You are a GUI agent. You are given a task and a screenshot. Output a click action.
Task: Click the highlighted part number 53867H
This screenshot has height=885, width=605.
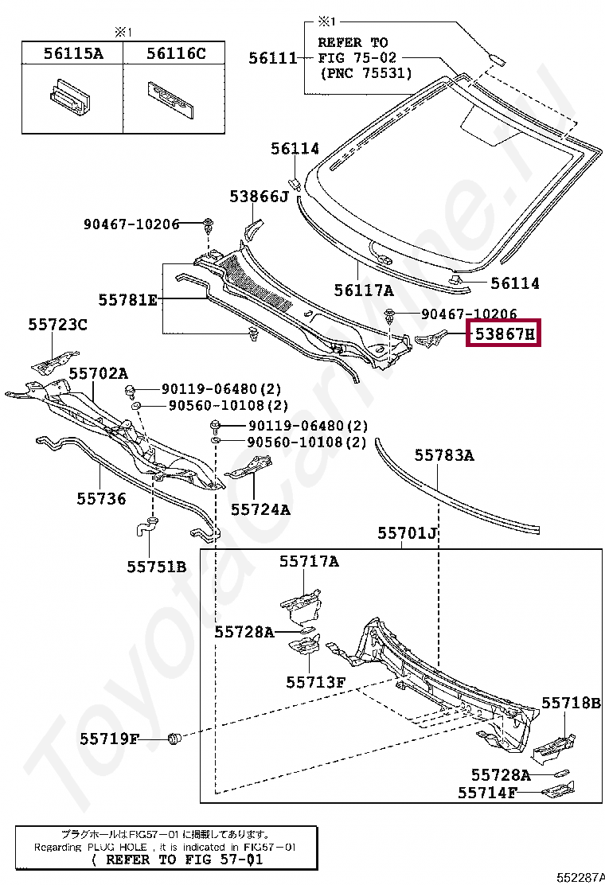[x=505, y=334]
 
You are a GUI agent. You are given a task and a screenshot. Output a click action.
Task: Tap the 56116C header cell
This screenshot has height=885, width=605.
[x=175, y=53]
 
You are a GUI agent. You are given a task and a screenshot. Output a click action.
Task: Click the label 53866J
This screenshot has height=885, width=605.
[x=259, y=196]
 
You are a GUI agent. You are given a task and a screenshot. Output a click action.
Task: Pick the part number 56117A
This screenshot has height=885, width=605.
[x=364, y=290]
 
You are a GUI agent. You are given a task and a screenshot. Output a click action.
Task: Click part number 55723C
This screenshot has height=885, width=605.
[x=58, y=324]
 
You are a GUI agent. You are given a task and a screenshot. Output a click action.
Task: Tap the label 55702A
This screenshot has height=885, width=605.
[x=98, y=372]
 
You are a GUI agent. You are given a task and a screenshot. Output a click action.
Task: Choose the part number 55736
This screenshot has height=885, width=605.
[x=101, y=498]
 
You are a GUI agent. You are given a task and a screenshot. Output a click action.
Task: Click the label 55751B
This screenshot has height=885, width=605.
[x=156, y=566]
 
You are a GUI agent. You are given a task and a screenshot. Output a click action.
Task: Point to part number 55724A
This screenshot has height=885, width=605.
[x=260, y=508]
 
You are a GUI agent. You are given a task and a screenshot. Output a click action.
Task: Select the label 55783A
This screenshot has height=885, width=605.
[x=443, y=455]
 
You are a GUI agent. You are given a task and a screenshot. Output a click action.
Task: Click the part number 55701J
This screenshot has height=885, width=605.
[x=408, y=532]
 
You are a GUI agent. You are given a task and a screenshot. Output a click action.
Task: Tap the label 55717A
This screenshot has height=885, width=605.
[x=308, y=561]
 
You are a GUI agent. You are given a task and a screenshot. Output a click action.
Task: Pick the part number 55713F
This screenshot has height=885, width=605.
[x=316, y=682]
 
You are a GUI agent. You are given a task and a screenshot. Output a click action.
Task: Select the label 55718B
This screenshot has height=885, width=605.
[x=571, y=703]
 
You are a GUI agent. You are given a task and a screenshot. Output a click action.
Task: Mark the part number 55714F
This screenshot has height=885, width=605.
[x=487, y=793]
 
